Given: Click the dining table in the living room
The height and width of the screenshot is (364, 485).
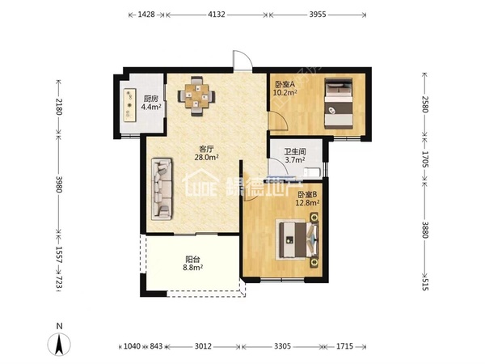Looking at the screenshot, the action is pos(196,96).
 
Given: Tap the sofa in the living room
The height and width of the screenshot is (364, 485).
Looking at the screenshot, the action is pos(162,189).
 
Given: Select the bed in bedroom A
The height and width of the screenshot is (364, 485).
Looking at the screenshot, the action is pos(339,104).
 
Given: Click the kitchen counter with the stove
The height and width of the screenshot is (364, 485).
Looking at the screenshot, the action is pos(129,105).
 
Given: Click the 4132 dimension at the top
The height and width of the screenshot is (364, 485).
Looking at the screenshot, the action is pos(216,15).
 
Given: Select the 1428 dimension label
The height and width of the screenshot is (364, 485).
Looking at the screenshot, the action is pos(146,15).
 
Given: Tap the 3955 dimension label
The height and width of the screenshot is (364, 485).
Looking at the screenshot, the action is pos(318,15).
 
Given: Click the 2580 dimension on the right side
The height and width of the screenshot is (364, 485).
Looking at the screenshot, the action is pos(424,104).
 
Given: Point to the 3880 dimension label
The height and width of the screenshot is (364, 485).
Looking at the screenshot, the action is pos(424,230).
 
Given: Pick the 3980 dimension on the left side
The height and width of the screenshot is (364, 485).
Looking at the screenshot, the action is pos(59,184).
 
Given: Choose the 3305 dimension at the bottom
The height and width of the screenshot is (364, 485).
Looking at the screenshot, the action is pos(282,346).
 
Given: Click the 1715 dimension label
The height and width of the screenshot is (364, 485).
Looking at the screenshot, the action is pos(344,346).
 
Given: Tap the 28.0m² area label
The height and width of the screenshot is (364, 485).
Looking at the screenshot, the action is pos(206,157).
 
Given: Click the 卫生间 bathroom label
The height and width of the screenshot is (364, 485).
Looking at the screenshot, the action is pos(295,152).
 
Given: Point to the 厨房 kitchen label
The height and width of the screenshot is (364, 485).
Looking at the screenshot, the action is pos(151,99).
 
